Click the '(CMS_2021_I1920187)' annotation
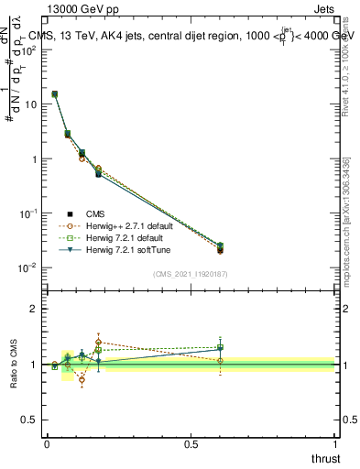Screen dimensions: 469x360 (x=189, y=273)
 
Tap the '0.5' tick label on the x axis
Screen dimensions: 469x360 (x=191, y=443)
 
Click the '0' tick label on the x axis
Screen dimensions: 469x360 (x=47, y=443)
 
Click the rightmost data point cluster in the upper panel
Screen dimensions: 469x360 (x=220, y=247)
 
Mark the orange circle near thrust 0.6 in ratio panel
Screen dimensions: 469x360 (x=220, y=361)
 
